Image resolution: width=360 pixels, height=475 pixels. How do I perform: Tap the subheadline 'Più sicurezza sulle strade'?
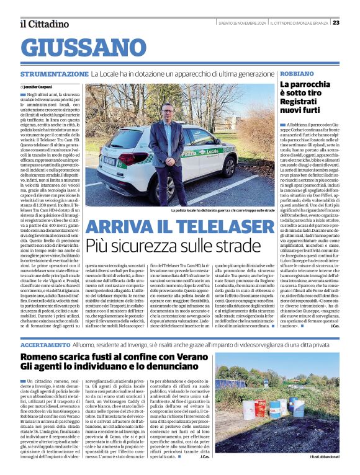pos(173,245)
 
